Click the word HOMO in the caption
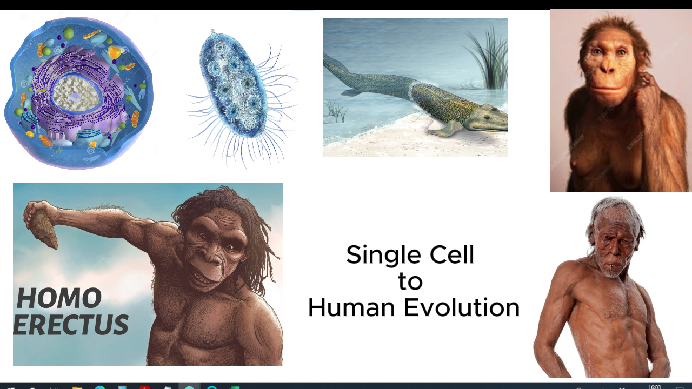point(59,299)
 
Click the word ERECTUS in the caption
point(71,325)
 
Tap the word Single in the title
point(381,255)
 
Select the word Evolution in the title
point(461,308)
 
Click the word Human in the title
point(351,308)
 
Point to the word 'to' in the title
point(410,281)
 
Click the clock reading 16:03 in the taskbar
point(655,386)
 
